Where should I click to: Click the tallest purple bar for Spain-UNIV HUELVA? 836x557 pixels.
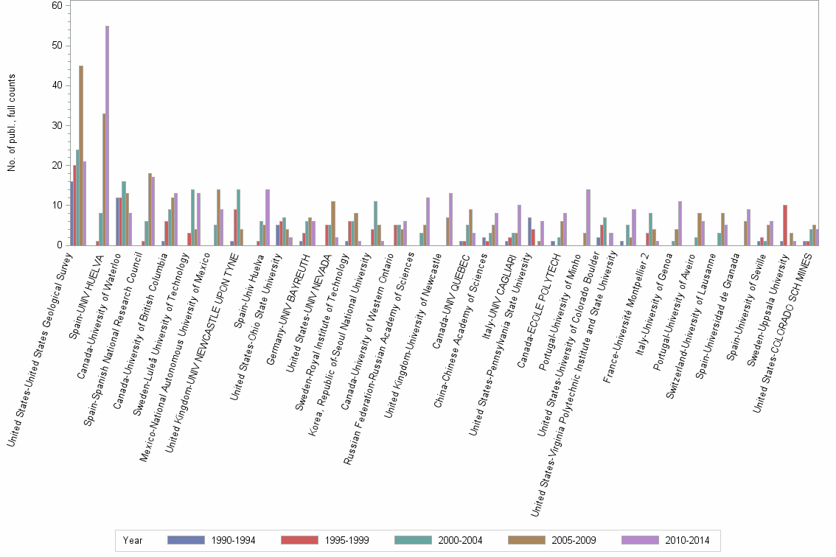coord(107,136)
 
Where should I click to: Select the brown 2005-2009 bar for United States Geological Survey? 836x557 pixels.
coord(81,155)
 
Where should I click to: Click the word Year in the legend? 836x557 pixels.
coord(133,541)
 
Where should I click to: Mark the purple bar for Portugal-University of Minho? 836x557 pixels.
coord(588,217)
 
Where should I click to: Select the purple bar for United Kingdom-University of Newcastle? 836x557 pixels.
coord(450,220)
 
